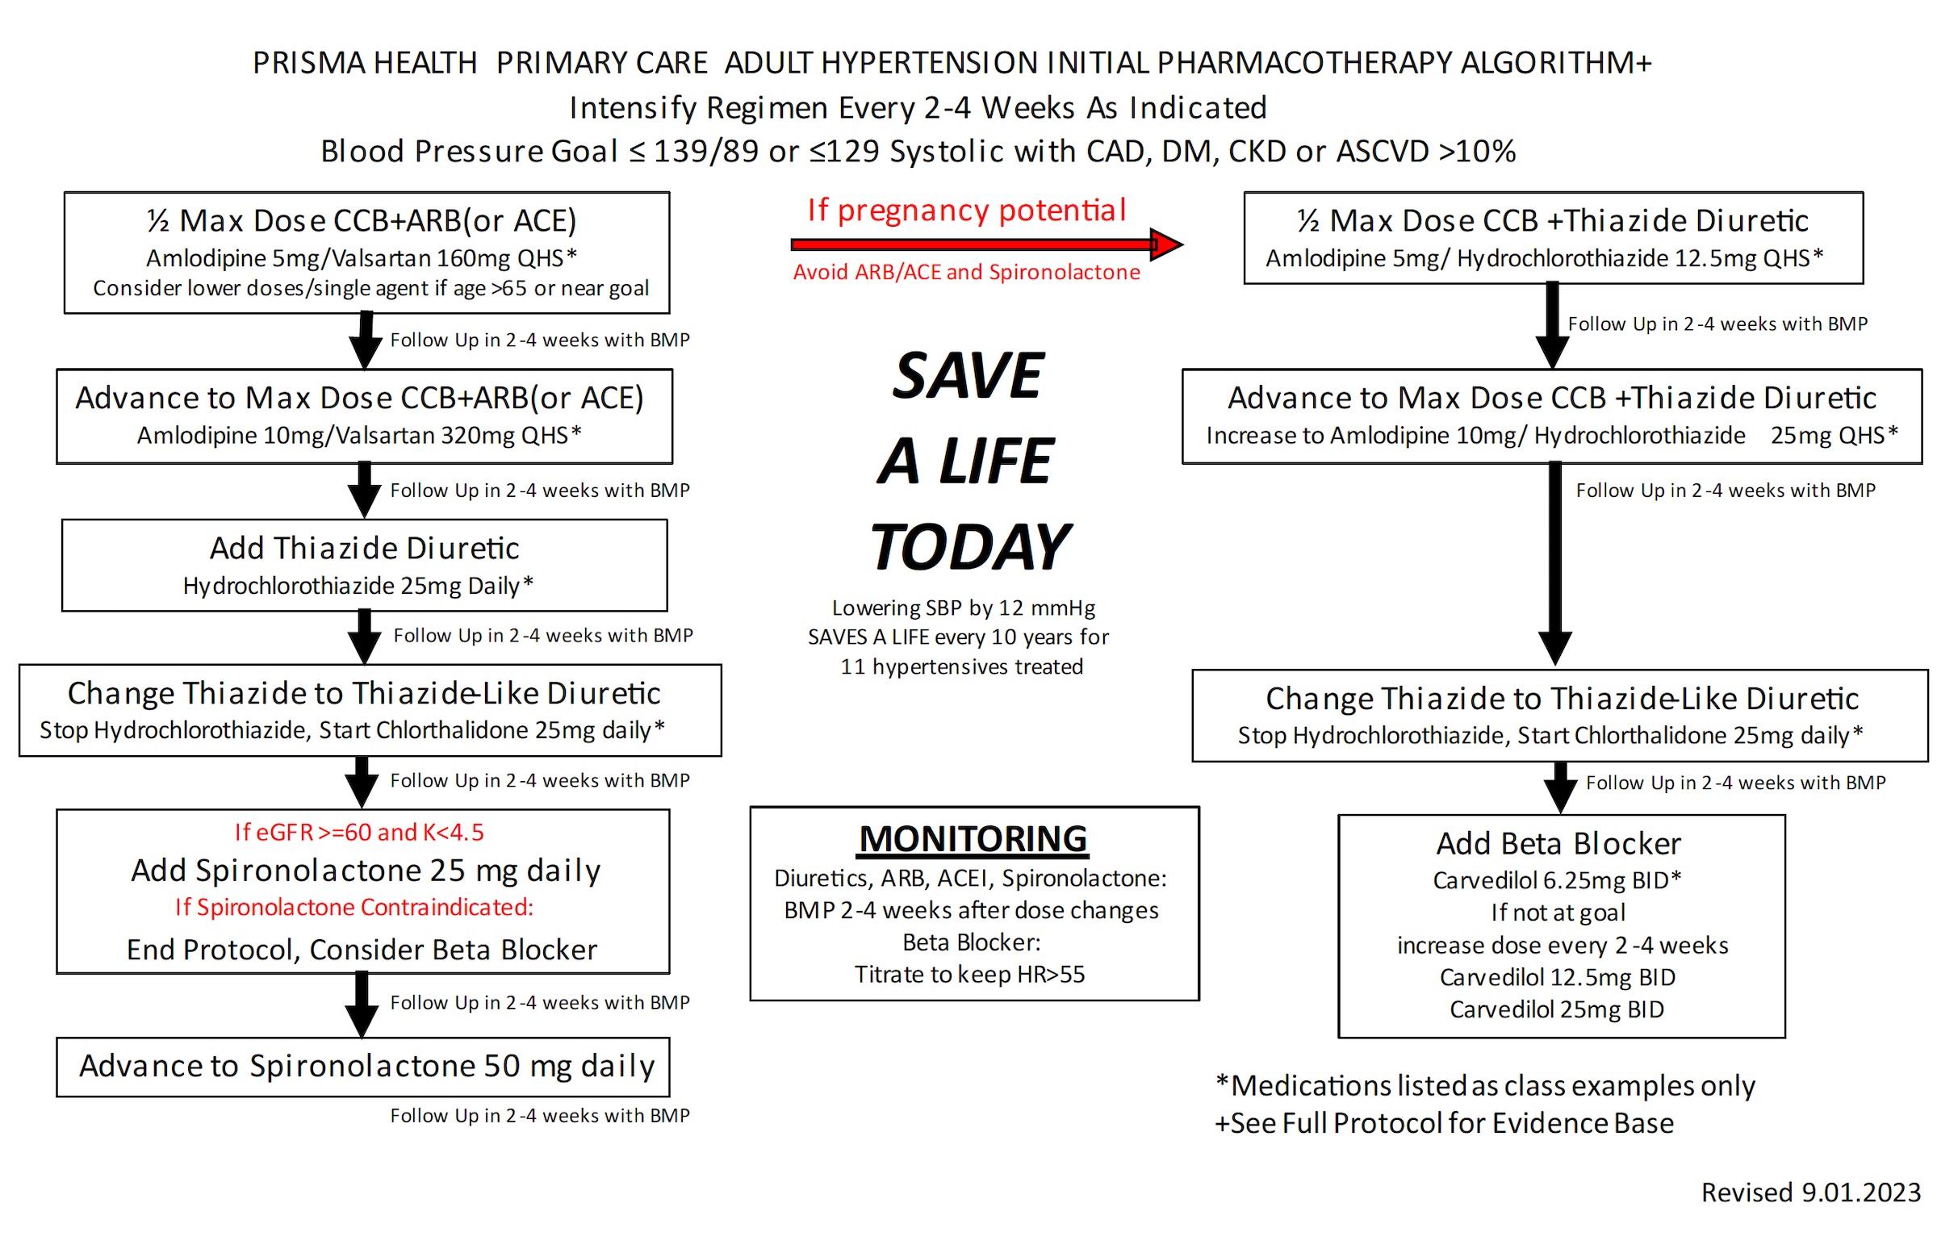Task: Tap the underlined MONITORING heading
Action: [973, 838]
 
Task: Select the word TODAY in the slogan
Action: [970, 548]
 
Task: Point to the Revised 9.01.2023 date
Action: [1809, 1193]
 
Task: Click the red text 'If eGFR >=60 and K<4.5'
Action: [358, 832]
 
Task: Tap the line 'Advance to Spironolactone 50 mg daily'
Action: [366, 1066]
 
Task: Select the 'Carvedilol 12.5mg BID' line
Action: [1557, 977]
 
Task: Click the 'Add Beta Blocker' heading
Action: [1558, 843]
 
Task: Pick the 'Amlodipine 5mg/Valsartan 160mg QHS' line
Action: [361, 258]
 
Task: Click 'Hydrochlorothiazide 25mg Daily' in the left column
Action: [358, 586]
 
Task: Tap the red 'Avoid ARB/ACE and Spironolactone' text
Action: [966, 273]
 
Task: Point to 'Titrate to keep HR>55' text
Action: [969, 974]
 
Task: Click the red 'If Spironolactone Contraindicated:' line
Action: [354, 907]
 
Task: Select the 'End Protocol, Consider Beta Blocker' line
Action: [362, 950]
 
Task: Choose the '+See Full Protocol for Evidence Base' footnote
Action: [1444, 1123]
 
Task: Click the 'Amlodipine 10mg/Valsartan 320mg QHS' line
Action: [358, 436]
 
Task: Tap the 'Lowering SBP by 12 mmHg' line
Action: [963, 608]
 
